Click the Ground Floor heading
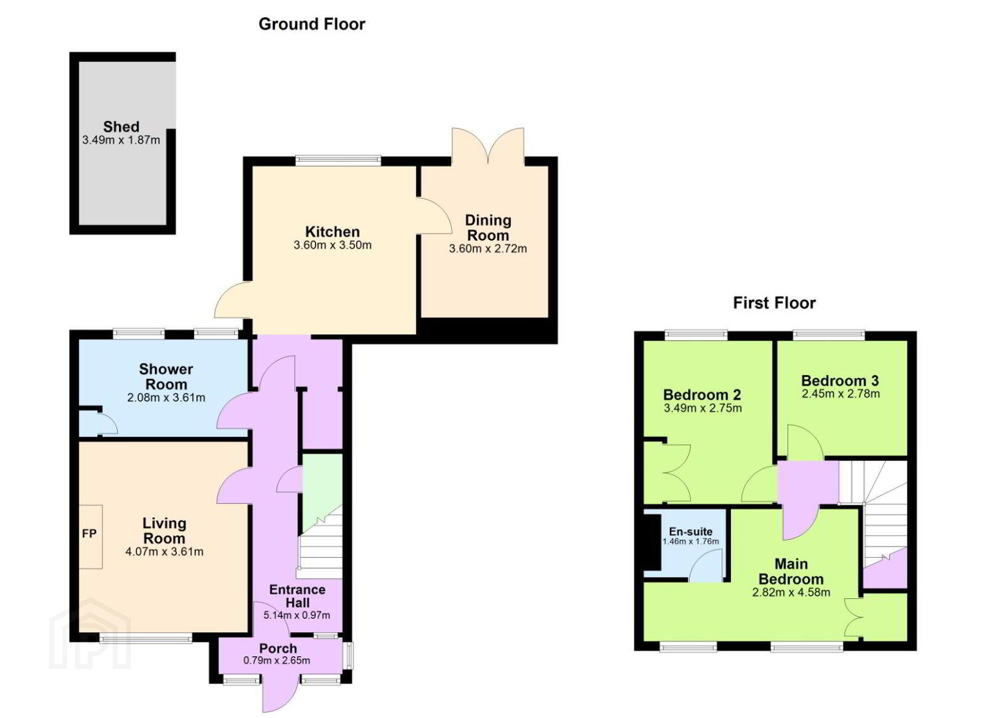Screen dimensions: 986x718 [x=312, y=24]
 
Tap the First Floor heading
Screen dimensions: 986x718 [x=774, y=303]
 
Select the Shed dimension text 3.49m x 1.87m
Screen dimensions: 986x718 [x=121, y=140]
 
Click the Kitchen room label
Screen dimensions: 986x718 [x=332, y=232]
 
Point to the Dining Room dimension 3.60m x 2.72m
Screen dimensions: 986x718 [x=488, y=249]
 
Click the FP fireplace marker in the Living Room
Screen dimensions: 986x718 [x=89, y=534]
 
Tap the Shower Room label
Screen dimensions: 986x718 [x=166, y=376]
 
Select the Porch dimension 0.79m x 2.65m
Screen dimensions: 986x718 [x=277, y=661]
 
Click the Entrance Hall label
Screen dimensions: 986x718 [x=297, y=596]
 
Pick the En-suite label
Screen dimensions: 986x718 [x=690, y=531]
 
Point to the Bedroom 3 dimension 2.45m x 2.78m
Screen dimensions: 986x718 [x=840, y=394]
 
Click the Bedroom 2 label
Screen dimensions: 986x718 [x=702, y=395]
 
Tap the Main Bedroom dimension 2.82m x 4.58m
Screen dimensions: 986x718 [x=791, y=592]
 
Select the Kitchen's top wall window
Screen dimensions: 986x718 [x=338, y=161]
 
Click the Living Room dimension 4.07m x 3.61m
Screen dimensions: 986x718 [x=164, y=552]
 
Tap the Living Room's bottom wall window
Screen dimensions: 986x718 [x=146, y=638]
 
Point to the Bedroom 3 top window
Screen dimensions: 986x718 [x=829, y=335]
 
